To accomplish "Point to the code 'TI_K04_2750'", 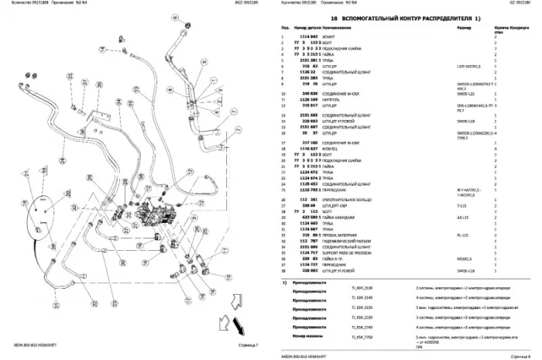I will tap(361, 338).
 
